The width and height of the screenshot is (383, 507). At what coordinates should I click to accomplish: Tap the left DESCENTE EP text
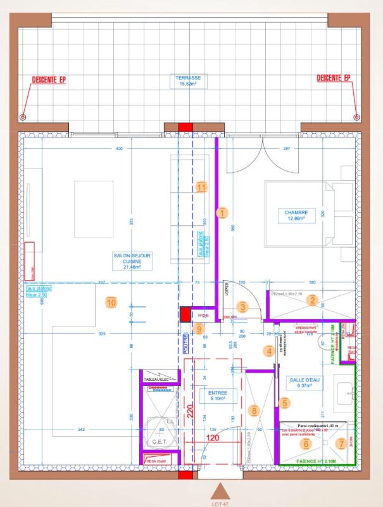coord(49,80)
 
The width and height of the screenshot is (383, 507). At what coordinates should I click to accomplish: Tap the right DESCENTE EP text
coord(333,79)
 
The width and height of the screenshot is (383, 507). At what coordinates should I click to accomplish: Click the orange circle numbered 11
coord(201,187)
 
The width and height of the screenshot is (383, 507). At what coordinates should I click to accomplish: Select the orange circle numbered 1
coord(222,212)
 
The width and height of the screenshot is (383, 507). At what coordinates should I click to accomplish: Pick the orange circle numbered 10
coord(111,302)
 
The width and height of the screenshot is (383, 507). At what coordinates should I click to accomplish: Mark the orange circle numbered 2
coord(311,301)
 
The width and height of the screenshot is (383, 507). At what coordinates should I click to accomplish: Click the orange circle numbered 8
coord(254,411)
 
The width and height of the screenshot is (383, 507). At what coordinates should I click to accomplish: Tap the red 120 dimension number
coord(212,438)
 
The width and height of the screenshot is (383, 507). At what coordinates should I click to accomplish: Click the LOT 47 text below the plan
coord(220,503)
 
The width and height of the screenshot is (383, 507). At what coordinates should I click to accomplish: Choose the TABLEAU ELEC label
coord(158,379)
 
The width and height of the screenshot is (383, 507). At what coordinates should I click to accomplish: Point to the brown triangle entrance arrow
coord(220,491)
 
